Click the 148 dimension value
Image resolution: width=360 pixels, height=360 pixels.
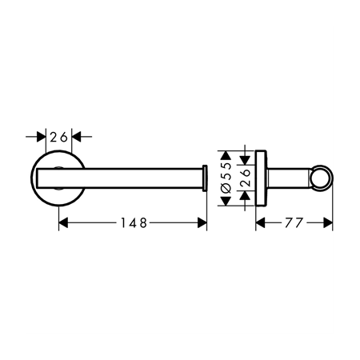pyautogui.click(x=134, y=222)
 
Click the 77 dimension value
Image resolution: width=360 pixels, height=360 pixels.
pyautogui.click(x=294, y=222)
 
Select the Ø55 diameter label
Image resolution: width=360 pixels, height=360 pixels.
pyautogui.click(x=226, y=178)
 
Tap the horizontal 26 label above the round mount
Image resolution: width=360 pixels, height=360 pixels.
pyautogui.click(x=59, y=137)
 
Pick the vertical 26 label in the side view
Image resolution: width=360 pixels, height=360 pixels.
pyautogui.click(x=245, y=178)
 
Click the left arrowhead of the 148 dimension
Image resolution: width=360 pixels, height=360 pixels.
pyautogui.click(x=63, y=222)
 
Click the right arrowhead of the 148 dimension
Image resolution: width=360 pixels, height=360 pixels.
pyautogui.click(x=202, y=222)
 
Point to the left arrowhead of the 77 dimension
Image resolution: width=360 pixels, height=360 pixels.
pyautogui.click(x=260, y=222)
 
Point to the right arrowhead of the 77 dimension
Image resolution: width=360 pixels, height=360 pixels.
pyautogui.click(x=328, y=222)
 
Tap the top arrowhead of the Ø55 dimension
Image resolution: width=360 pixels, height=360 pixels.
pyautogui.click(x=226, y=155)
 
